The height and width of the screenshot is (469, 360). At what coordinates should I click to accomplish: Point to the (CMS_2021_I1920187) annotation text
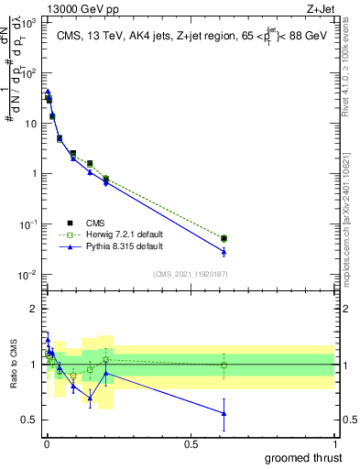pos(191,272)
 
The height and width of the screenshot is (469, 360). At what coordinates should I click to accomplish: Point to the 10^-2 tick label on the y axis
pos(28,275)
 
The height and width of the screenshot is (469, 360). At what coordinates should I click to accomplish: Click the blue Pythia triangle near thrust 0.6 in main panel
pos(224,252)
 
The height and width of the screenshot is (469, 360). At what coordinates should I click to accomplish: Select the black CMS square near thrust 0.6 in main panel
pos(224,238)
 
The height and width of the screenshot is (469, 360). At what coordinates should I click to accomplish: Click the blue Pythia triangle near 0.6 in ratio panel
pos(224,413)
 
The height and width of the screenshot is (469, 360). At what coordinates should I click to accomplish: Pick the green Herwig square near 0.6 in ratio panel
pos(224,365)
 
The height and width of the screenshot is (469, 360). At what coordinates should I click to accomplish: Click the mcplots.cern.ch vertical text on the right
pos(352,229)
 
